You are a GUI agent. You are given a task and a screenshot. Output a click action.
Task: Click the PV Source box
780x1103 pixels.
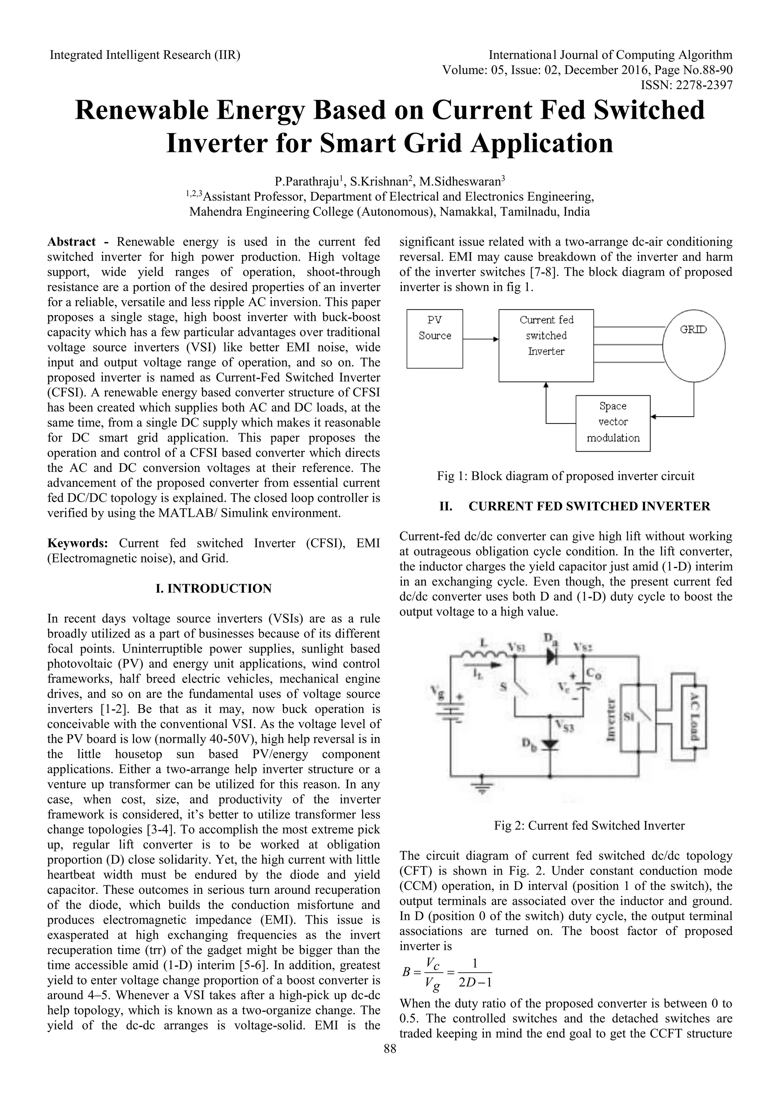[434, 339]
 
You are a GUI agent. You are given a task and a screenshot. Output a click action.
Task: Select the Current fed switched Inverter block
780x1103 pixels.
[546, 345]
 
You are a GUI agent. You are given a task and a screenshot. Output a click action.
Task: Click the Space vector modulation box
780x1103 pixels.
[612, 423]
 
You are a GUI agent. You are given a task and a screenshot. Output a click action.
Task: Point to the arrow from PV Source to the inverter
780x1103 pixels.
[480, 339]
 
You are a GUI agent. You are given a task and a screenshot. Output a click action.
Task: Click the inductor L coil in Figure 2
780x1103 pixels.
[484, 653]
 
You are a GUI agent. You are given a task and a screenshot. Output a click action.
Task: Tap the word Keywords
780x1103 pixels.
[77, 544]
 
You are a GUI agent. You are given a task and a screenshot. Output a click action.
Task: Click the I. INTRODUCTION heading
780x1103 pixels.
[214, 588]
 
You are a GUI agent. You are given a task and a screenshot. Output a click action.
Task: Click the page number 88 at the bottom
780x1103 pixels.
[390, 1062]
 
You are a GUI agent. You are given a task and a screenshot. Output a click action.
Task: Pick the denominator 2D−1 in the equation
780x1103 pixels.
[475, 982]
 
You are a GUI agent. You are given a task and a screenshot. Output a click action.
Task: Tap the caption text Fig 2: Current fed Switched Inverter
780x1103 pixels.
[589, 825]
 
